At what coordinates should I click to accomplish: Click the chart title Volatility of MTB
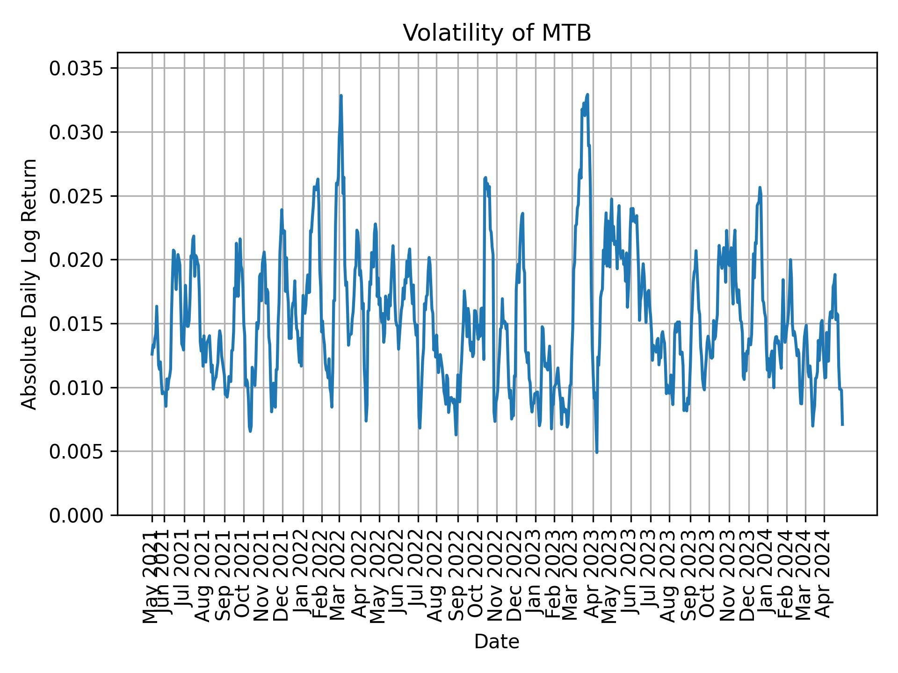pos(497,33)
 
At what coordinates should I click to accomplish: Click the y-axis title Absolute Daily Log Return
pos(29,284)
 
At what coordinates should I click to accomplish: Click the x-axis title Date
pos(497,642)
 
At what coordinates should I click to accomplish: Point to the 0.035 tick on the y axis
pos(77,69)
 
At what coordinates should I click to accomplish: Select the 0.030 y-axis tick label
pos(77,133)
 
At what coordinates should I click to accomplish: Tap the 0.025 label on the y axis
pos(77,196)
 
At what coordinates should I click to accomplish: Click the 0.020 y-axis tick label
pos(77,260)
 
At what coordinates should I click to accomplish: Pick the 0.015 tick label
pos(77,324)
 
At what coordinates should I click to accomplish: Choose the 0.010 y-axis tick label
pos(77,388)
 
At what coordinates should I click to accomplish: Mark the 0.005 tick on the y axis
pos(77,451)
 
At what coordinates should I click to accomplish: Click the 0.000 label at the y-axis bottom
pos(77,515)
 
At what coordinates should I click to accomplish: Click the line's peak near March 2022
pos(341,96)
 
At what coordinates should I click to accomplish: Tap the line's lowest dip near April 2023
pos(597,452)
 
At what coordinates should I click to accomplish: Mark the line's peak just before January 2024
pos(760,187)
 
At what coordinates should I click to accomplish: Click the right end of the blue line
pos(842,424)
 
